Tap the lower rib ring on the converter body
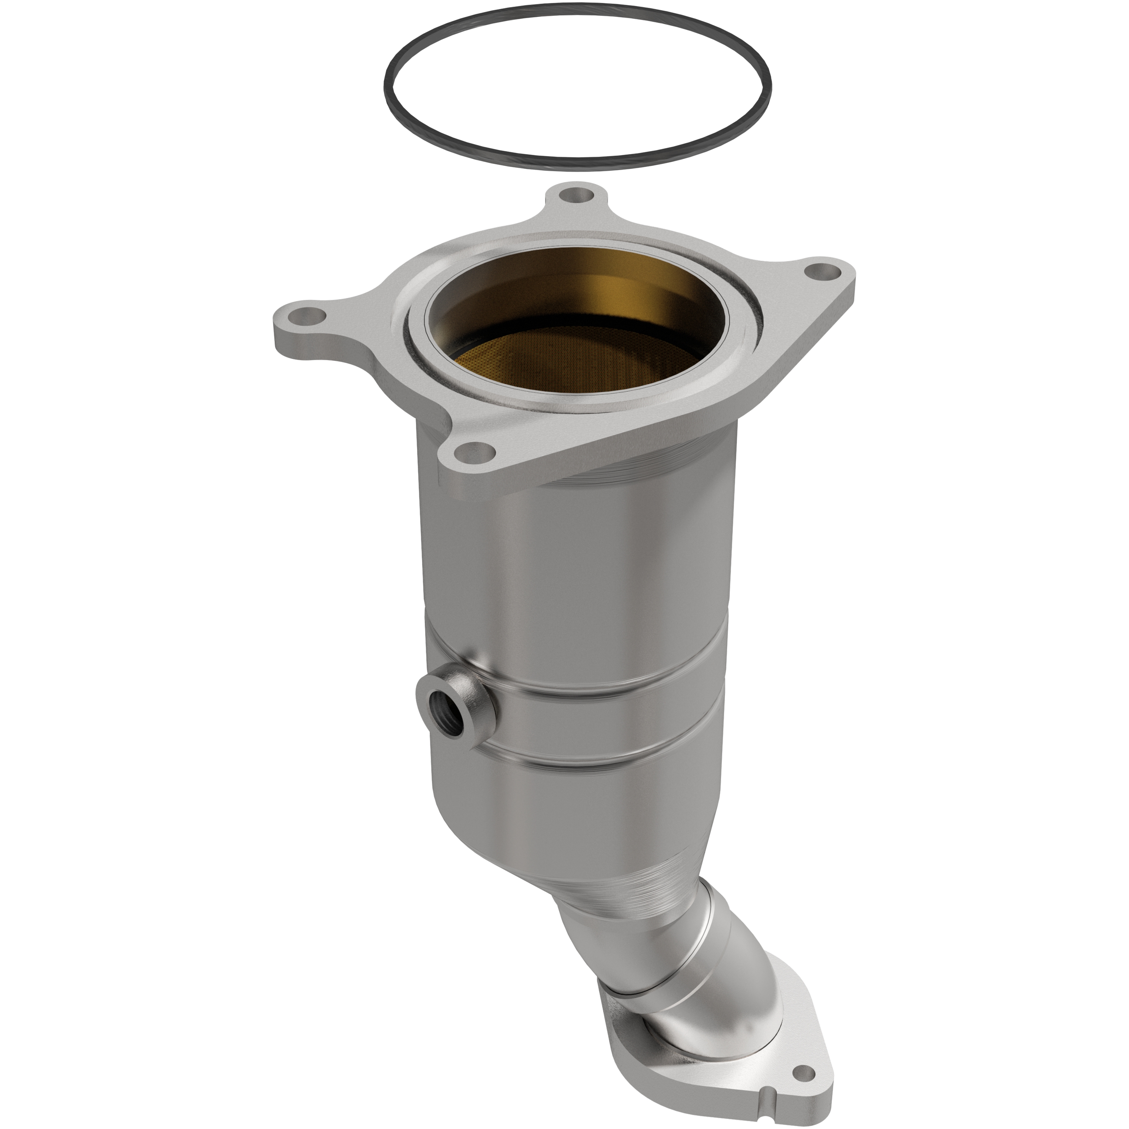pos(613,760)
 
